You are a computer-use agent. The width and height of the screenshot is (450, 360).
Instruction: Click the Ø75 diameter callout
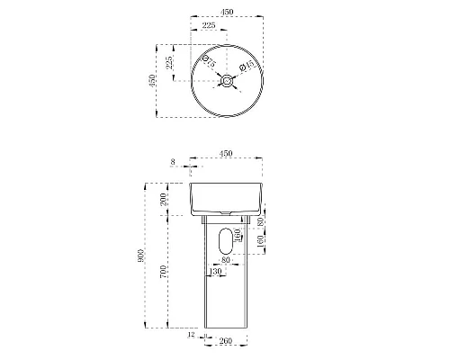coord(207,63)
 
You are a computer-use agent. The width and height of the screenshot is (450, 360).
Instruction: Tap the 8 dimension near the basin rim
coord(172,162)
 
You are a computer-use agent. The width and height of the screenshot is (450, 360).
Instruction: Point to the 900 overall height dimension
coord(140,255)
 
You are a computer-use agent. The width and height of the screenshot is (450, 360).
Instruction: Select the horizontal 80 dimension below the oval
coord(225,262)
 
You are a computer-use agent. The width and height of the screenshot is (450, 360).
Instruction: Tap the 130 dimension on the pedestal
coord(215,271)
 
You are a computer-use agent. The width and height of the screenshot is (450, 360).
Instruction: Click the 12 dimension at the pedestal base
coord(193,337)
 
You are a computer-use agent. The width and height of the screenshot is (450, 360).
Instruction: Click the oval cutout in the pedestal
coord(226,240)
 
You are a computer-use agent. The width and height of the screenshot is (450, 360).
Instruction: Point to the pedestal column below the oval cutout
coord(226,301)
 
